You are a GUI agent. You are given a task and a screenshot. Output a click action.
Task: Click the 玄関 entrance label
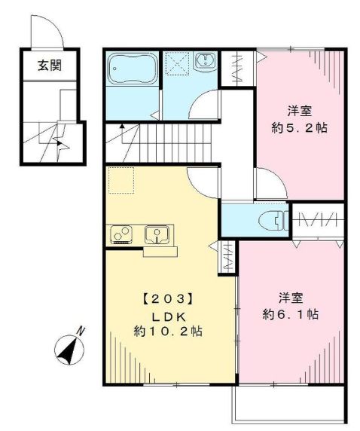pos(50,66)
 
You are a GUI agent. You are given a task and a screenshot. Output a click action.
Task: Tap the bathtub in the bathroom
pos(132,69)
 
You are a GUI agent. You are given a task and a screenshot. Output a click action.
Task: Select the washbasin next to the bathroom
pos(206,63)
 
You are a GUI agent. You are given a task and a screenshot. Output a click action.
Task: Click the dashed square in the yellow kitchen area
pos(121,181)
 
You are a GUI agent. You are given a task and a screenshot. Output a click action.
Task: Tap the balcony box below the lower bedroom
pos(289,407)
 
